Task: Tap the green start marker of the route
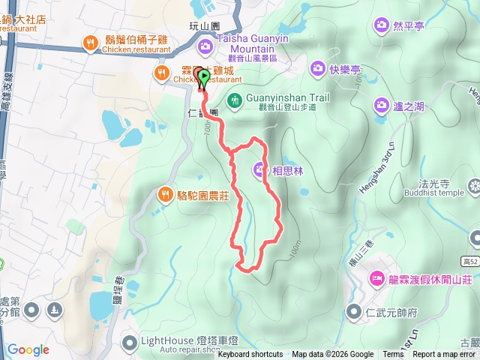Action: click(203, 76)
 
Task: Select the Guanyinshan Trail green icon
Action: click(235, 99)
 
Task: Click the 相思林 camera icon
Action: click(259, 170)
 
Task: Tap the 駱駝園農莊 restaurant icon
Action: click(165, 195)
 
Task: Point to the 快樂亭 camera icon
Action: click(317, 69)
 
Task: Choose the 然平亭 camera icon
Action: click(382, 26)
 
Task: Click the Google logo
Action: click(28, 349)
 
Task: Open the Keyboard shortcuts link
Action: click(250, 355)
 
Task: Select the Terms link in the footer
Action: click(393, 355)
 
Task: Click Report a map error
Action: click(444, 355)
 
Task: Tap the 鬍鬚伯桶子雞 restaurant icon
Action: click(91, 42)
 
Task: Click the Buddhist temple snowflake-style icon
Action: click(474, 184)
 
